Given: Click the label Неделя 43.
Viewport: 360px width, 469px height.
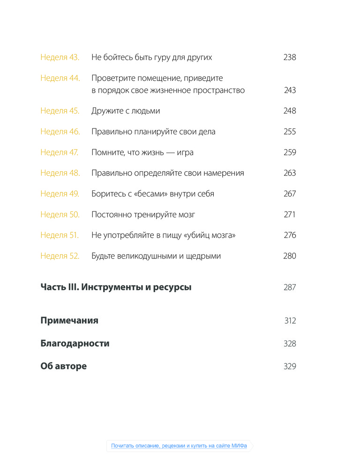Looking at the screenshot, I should [60, 58].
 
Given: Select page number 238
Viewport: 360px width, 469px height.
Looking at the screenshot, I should [290, 58].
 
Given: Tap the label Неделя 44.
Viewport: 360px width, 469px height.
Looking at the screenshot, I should [60, 78].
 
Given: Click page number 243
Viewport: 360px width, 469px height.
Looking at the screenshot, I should [290, 91].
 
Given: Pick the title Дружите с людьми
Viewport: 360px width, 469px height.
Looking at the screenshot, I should [126, 111].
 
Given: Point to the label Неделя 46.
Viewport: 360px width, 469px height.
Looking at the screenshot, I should [60, 132].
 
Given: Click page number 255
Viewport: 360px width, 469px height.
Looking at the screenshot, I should [290, 132].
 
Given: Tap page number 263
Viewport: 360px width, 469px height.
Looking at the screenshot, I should [290, 173].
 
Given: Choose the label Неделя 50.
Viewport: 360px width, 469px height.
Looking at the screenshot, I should [60, 215].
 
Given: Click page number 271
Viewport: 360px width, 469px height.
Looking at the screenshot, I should [290, 215].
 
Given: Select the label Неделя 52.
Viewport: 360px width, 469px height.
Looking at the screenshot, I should [60, 256].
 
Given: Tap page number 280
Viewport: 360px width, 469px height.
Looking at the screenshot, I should [290, 256].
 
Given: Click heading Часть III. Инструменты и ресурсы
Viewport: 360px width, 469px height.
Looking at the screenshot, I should [116, 287].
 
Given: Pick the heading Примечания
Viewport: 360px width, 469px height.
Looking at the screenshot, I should [69, 321].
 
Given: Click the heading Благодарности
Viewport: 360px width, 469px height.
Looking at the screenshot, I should [75, 344].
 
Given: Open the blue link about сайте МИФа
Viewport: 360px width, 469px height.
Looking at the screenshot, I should [179, 446].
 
